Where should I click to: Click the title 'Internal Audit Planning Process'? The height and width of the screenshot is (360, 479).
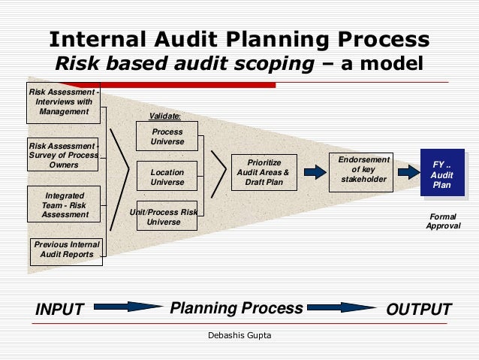pos(239,39)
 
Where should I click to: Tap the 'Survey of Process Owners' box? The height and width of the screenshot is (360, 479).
pos(64,155)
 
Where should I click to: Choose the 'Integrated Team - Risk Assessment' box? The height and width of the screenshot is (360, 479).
pos(65,204)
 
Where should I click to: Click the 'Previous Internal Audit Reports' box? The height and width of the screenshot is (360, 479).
pos(67,250)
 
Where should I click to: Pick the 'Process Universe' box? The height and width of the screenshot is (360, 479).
pos(167,137)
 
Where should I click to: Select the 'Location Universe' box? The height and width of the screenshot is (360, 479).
pos(167,177)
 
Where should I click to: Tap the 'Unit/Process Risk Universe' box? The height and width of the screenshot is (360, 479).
pos(167,217)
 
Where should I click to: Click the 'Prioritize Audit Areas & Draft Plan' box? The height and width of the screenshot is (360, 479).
pos(259,172)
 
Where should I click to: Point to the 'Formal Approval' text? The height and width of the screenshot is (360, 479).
pos(443,221)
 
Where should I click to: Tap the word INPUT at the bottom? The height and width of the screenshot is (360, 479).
pos(60,310)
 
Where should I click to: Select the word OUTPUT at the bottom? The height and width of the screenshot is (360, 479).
pos(418,310)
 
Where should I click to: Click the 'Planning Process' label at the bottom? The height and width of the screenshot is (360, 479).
pos(236,308)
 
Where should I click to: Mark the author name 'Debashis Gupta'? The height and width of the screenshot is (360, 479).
pos(239,334)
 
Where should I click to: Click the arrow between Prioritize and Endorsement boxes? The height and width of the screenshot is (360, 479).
pos(315,172)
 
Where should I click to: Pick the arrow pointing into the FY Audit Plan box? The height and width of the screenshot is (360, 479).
pos(408,172)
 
